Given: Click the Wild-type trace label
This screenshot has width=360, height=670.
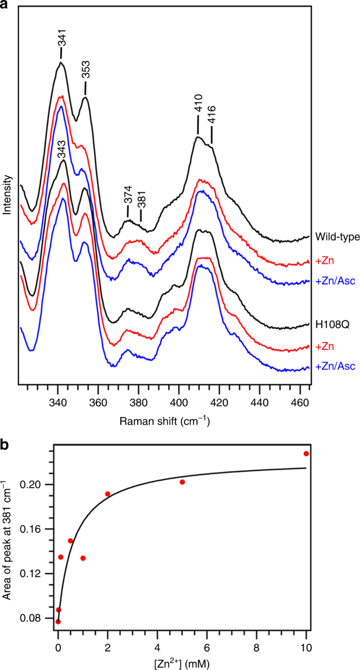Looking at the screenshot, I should click(333, 237).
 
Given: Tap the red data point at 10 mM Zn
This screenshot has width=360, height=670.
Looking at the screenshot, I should click(306, 453).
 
